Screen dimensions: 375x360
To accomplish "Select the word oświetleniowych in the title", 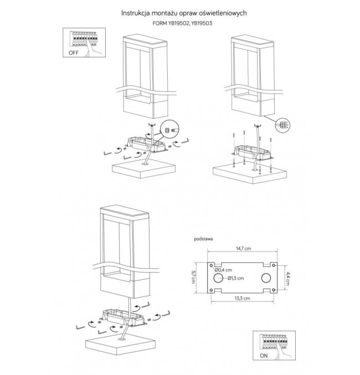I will pyautogui.click(x=219, y=11).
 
